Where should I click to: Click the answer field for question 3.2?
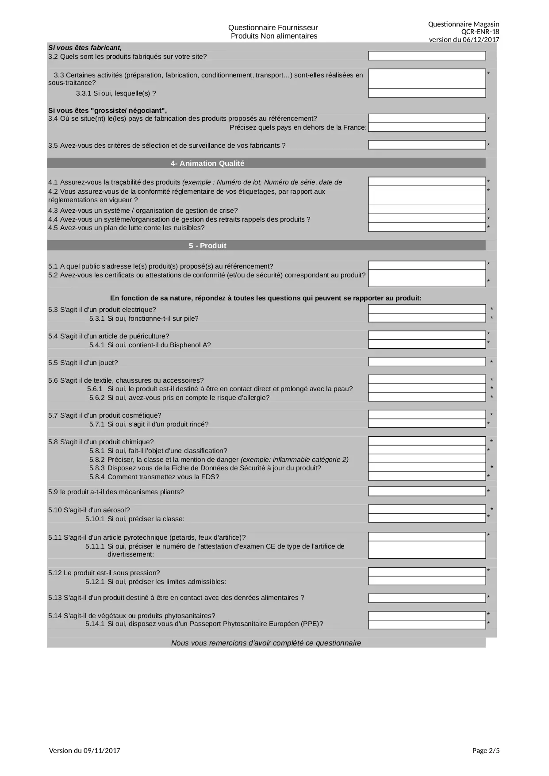pyautogui.click(x=427, y=56)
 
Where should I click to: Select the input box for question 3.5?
pyautogui.click(x=427, y=145)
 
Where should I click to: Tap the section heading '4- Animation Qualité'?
pyautogui.click(x=207, y=163)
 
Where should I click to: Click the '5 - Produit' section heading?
pyautogui.click(x=207, y=246)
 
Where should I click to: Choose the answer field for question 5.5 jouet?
pyautogui.click(x=427, y=362)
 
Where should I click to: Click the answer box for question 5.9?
pyautogui.click(x=427, y=492)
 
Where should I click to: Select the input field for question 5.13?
pyautogui.click(x=427, y=598)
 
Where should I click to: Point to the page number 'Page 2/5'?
pyautogui.click(x=486, y=750)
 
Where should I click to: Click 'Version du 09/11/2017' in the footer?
pyautogui.click(x=84, y=750)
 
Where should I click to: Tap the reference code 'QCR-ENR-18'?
pyautogui.click(x=480, y=32)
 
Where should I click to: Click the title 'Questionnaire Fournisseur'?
pyautogui.click(x=273, y=28)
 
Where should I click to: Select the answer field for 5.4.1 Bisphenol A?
pyautogui.click(x=427, y=344)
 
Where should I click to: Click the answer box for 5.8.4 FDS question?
pyautogui.click(x=427, y=476)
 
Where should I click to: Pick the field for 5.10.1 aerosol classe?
pyautogui.click(x=427, y=518)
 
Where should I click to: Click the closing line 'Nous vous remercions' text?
pyautogui.click(x=266, y=643)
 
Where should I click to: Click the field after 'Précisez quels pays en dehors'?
pyautogui.click(x=427, y=127)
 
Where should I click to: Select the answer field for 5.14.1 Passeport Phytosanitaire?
pyautogui.click(x=427, y=624)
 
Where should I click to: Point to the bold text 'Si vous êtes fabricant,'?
pyautogui.click(x=85, y=47)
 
